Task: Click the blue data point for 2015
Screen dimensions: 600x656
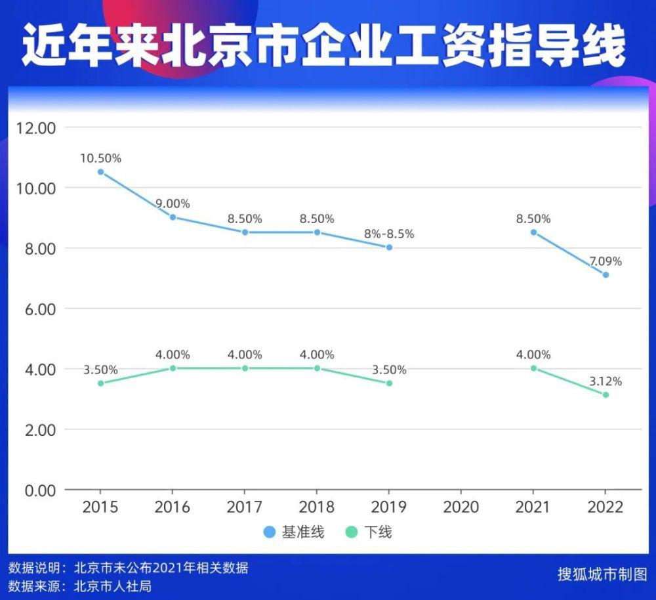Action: (100, 172)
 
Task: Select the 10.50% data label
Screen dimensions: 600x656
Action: (100, 158)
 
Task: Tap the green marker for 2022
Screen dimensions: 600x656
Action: (605, 395)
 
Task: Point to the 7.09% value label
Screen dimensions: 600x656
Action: (605, 261)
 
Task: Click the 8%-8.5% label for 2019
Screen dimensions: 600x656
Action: (389, 234)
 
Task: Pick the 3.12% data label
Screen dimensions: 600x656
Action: (605, 381)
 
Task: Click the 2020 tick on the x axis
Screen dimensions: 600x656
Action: (461, 507)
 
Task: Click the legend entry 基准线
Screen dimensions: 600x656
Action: (295, 532)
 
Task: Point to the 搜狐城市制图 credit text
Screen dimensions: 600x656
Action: (602, 574)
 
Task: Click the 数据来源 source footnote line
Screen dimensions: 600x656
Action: (80, 586)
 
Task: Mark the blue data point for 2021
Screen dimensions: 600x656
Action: (533, 232)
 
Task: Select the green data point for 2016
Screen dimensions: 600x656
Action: (173, 368)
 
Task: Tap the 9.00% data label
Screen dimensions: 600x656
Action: (173, 204)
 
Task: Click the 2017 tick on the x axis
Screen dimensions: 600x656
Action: (245, 507)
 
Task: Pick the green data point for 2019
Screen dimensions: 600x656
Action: (389, 383)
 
